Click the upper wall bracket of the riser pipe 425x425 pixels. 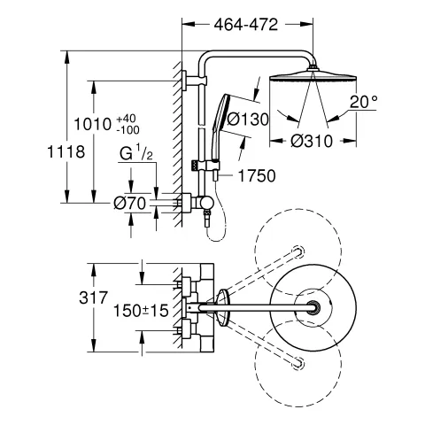click(189, 84)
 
